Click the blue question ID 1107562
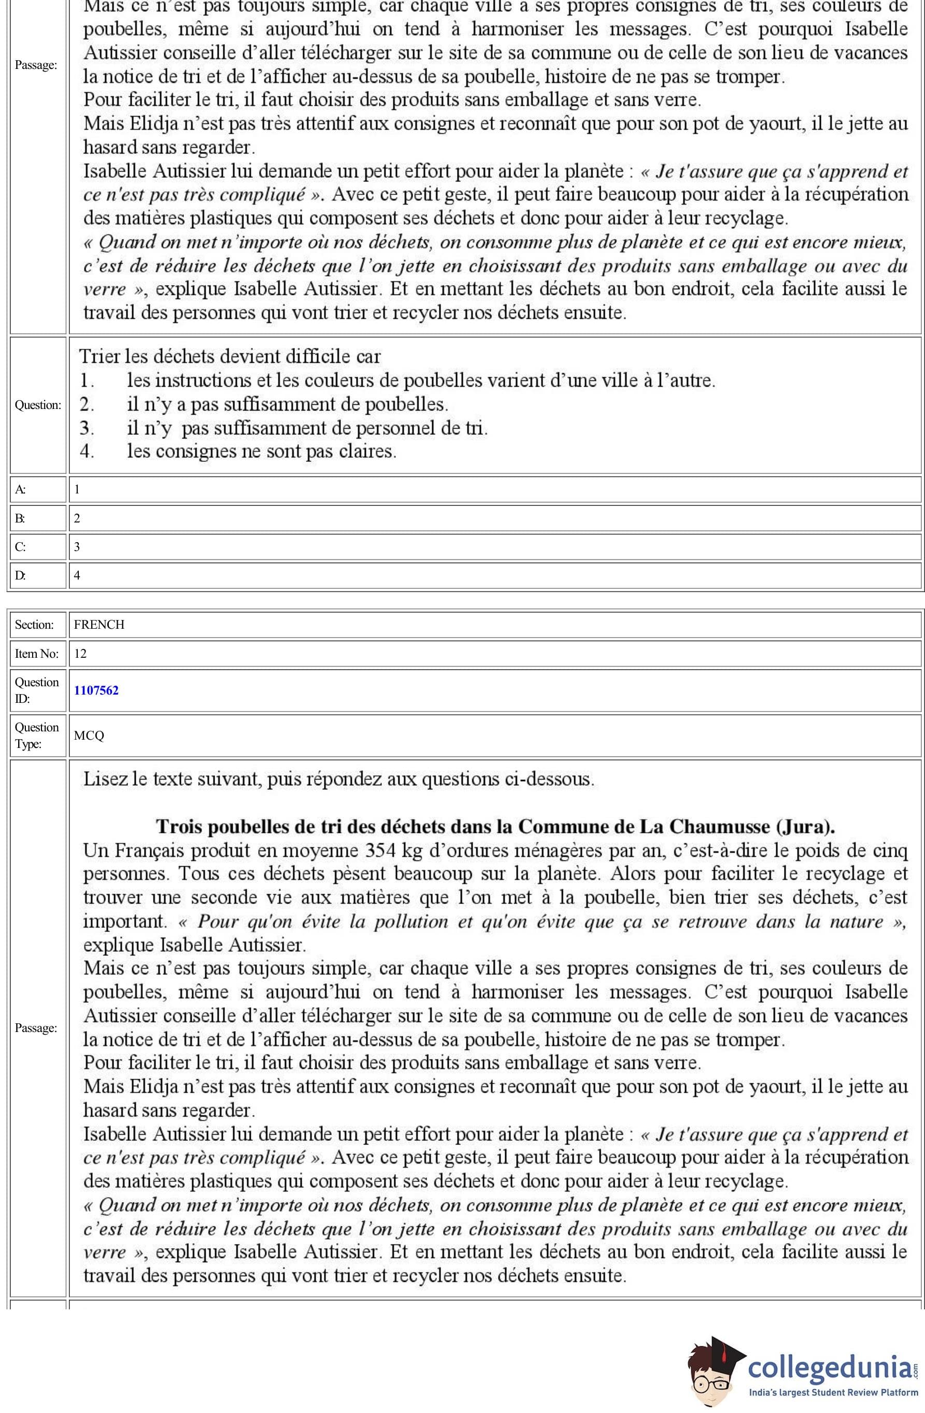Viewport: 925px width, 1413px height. (x=96, y=690)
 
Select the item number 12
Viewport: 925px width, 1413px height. (x=80, y=653)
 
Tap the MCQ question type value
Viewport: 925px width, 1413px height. (x=89, y=735)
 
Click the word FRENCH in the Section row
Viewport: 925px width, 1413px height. (x=99, y=625)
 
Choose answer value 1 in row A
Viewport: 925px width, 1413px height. (x=77, y=489)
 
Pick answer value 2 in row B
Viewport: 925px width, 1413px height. (x=77, y=518)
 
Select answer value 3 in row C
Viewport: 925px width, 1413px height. (x=77, y=546)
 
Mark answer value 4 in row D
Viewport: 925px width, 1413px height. (x=77, y=575)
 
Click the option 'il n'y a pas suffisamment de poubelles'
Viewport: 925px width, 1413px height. (x=288, y=404)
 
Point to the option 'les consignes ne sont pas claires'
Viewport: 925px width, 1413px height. (x=261, y=450)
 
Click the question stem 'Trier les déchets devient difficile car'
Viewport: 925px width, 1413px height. (x=230, y=356)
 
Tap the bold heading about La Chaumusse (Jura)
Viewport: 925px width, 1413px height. (x=495, y=826)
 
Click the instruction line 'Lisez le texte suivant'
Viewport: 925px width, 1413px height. (x=338, y=779)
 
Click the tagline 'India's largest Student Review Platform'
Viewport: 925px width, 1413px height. (x=833, y=1392)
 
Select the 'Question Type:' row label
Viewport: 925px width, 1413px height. (x=37, y=735)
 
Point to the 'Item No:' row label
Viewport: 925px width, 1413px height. (x=37, y=653)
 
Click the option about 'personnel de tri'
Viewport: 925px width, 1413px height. (x=307, y=428)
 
